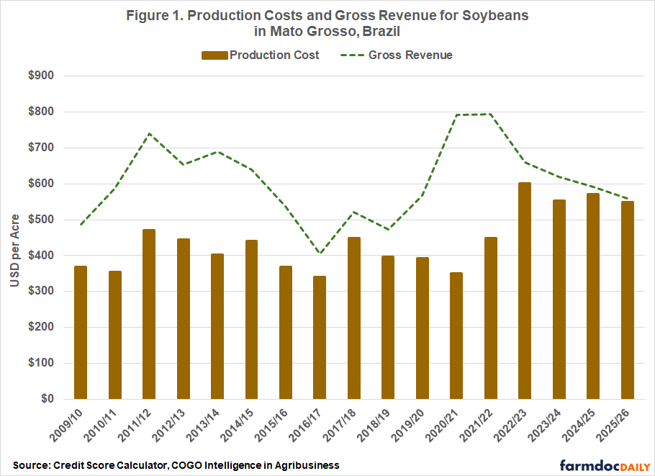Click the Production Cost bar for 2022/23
point(525,290)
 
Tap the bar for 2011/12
point(149,314)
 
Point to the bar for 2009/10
point(81,332)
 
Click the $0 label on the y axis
point(54,399)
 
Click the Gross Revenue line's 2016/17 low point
point(320,253)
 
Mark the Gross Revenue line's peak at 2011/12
point(149,133)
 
